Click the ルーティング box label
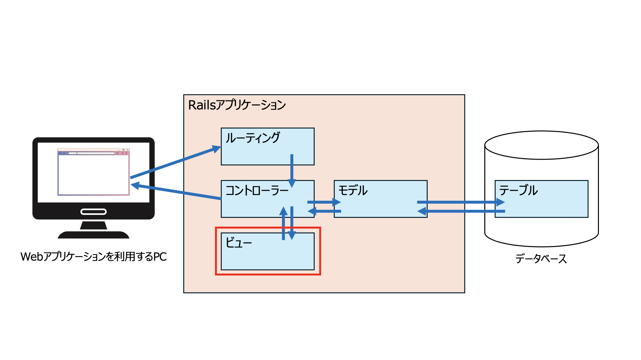point(253,138)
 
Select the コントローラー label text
point(257,190)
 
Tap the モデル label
point(353,190)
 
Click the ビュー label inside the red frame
point(239,243)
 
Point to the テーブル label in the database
point(518,190)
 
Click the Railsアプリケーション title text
point(237,105)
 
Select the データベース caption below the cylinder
point(541,259)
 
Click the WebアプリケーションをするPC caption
point(93,257)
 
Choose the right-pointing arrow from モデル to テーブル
point(460,202)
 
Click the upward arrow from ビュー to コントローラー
point(283,223)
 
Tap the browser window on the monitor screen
point(93,173)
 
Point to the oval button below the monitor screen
point(93,212)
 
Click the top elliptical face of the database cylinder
point(541,145)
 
